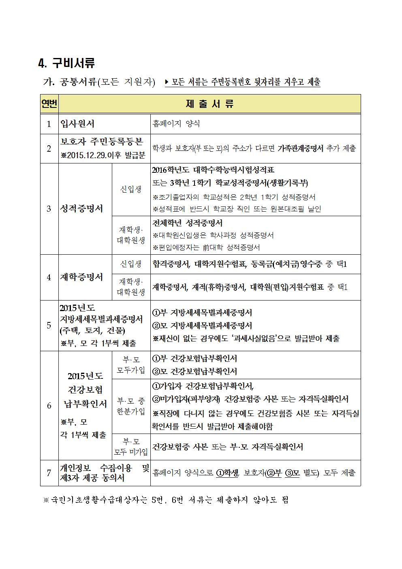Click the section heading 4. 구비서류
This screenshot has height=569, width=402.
(66, 63)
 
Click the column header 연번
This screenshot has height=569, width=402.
(49, 104)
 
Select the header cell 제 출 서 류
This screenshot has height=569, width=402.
(210, 104)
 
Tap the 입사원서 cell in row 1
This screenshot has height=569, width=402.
(77, 124)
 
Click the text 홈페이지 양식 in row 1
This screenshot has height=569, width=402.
(176, 124)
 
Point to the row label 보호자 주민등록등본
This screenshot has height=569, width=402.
(101, 142)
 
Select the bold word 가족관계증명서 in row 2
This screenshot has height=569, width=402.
(300, 148)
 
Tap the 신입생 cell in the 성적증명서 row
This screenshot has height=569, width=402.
(131, 189)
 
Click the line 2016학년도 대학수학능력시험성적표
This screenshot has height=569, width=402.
(213, 170)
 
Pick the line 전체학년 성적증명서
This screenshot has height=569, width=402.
(187, 223)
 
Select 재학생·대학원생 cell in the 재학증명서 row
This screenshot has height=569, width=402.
(131, 287)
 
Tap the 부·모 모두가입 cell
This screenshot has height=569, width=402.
(131, 365)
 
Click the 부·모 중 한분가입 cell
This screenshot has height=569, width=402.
(131, 406)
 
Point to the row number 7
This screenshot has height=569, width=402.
(49, 473)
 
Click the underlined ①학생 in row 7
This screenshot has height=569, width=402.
(227, 473)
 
